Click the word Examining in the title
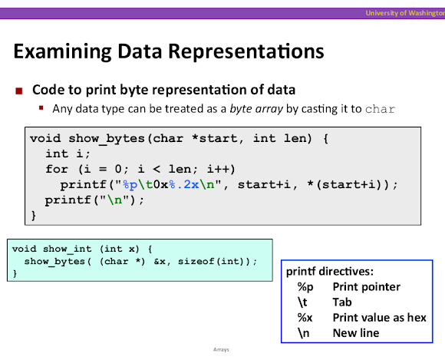pyautogui.click(x=62, y=51)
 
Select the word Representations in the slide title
pyautogui.click(x=246, y=51)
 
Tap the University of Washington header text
pyautogui.click(x=405, y=13)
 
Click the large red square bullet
pyautogui.click(x=19, y=91)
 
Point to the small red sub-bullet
pyautogui.click(x=41, y=107)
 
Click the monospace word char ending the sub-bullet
pyautogui.click(x=380, y=109)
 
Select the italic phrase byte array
pyautogui.click(x=256, y=109)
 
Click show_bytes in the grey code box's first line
pyautogui.click(x=107, y=138)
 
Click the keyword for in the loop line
pyautogui.click(x=57, y=169)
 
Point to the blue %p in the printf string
pyautogui.click(x=130, y=185)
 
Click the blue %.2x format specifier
pyautogui.click(x=184, y=185)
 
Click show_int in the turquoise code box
pyautogui.click(x=68, y=249)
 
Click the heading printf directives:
pyautogui.click(x=330, y=272)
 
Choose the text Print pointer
pyautogui.click(x=367, y=287)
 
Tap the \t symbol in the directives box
pyautogui.click(x=302, y=302)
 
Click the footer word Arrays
pyautogui.click(x=221, y=350)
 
